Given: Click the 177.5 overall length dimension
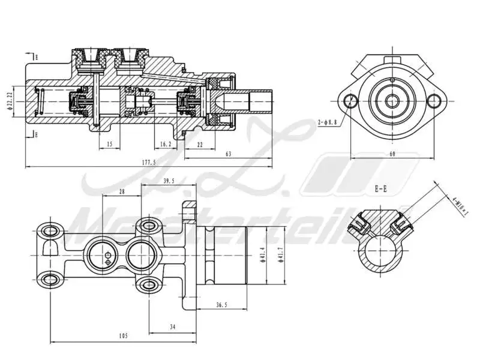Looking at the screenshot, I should [x=148, y=163].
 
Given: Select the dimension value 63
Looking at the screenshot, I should [x=228, y=155].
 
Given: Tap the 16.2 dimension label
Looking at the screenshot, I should [x=166, y=144].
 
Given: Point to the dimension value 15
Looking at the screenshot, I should [x=109, y=144].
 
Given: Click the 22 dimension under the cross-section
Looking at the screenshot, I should [x=199, y=144].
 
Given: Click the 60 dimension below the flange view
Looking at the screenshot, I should [x=392, y=154].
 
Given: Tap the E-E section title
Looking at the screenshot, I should [x=380, y=188].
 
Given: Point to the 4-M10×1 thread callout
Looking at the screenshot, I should [x=460, y=205].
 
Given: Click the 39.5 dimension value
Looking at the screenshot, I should [x=169, y=180].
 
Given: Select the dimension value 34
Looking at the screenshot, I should [x=172, y=327].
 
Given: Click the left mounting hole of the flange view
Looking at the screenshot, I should [x=352, y=101].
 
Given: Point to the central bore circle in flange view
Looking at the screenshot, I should [x=392, y=101].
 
